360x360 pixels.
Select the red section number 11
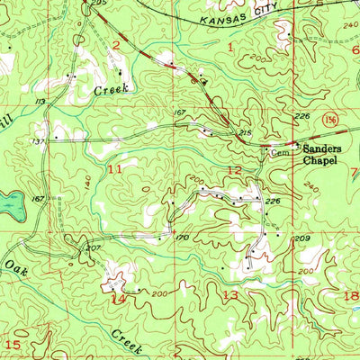tap(114, 168)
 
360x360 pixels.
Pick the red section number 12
tap(233, 170)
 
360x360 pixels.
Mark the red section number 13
tap(230, 294)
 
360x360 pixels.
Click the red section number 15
tap(13, 345)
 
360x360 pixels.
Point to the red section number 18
tap(351, 295)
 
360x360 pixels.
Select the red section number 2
tap(115, 45)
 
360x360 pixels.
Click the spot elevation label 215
tap(243, 133)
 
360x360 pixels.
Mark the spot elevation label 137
tap(39, 141)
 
